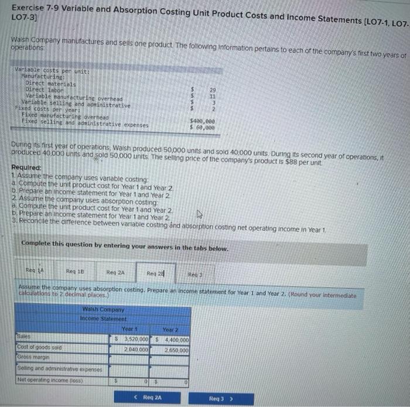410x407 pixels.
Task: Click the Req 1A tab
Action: [x=30, y=271]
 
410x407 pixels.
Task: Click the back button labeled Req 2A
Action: [x=149, y=398]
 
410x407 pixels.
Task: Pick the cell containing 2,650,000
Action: [x=176, y=350]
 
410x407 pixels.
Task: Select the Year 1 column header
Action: [x=128, y=329]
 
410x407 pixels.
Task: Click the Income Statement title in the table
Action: [x=102, y=319]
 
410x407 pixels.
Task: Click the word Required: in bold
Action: [x=26, y=167]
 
